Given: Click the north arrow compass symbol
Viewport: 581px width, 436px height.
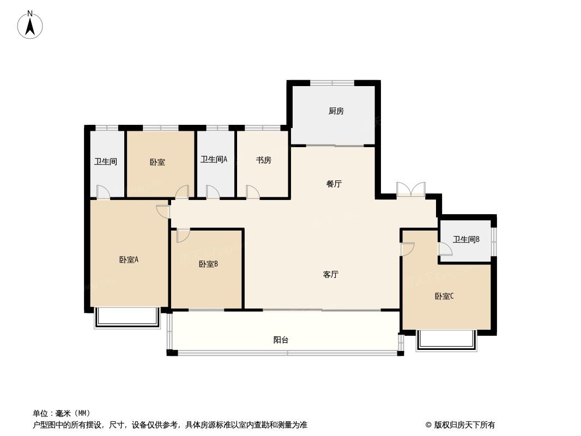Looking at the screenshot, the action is (x=30, y=25).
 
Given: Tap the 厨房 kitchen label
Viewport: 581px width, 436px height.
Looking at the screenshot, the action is (x=336, y=111).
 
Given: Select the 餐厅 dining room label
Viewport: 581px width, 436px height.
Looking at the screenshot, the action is (x=334, y=184).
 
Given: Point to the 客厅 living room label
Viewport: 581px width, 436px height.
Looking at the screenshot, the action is (x=330, y=275).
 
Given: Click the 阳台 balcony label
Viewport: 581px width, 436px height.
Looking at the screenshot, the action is (x=281, y=340).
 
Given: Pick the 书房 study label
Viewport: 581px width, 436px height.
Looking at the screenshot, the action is (x=263, y=160).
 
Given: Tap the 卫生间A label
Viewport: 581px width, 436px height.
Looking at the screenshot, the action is (x=214, y=160).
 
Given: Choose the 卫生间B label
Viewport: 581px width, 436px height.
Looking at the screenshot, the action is (x=466, y=239).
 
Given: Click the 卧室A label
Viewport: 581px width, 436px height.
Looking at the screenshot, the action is (x=129, y=259).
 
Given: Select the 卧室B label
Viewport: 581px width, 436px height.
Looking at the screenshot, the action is (x=208, y=264).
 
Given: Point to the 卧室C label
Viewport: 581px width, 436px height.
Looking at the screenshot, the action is (x=444, y=296).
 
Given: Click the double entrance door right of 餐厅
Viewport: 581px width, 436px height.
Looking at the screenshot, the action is (x=411, y=189).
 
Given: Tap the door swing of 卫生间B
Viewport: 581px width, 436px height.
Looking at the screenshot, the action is (x=445, y=249).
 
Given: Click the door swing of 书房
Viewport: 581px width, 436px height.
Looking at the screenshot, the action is (x=253, y=192).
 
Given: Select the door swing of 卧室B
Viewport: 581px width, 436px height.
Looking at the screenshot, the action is (x=183, y=236).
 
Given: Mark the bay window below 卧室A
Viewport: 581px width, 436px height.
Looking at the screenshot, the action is (x=128, y=317).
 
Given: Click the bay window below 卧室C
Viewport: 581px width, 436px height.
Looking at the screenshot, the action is (x=446, y=340).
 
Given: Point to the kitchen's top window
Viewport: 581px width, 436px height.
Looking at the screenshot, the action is (x=332, y=83).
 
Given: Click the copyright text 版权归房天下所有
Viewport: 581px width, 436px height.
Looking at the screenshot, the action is (x=464, y=425).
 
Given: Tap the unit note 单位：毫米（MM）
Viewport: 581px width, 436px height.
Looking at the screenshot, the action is (x=62, y=413).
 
